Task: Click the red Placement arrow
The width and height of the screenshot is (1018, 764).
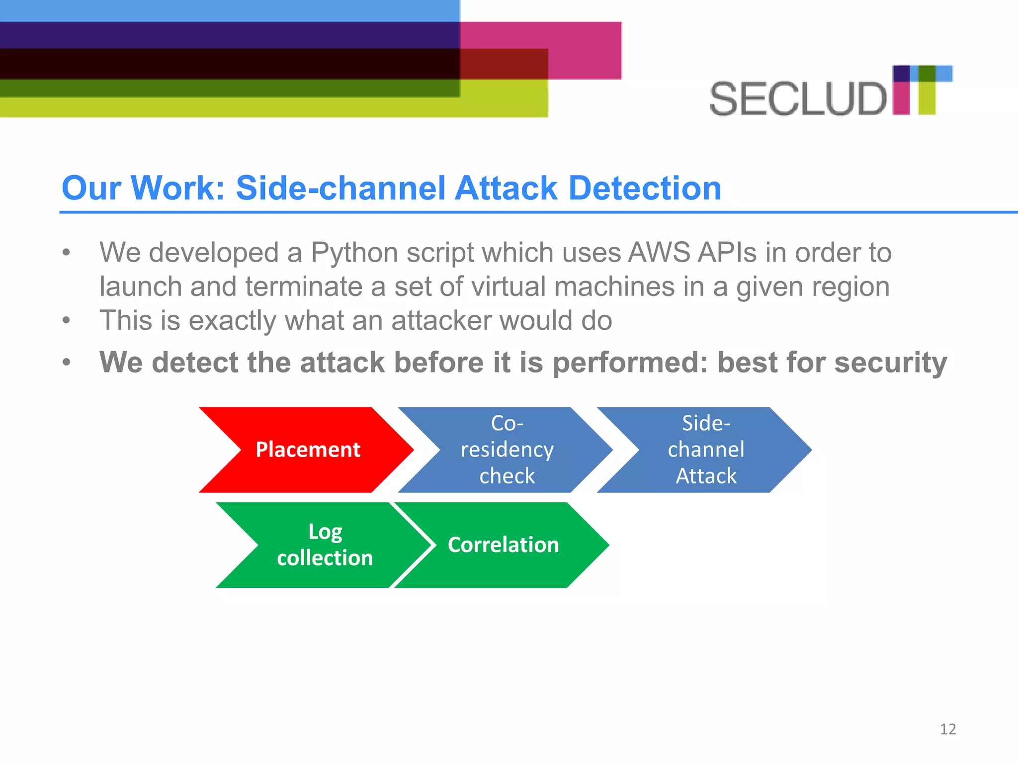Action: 307,450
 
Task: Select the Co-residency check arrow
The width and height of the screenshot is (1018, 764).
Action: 507,450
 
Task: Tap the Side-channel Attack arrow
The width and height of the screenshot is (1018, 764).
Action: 705,450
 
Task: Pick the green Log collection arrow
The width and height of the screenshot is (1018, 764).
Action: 324,545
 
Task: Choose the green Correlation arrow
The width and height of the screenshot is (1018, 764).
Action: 503,545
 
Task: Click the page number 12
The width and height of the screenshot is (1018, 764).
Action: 947,729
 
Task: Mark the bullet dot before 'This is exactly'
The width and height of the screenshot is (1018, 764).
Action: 66,320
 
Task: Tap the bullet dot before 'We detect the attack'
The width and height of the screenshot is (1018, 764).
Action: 66,363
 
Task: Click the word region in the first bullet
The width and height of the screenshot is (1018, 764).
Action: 852,287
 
